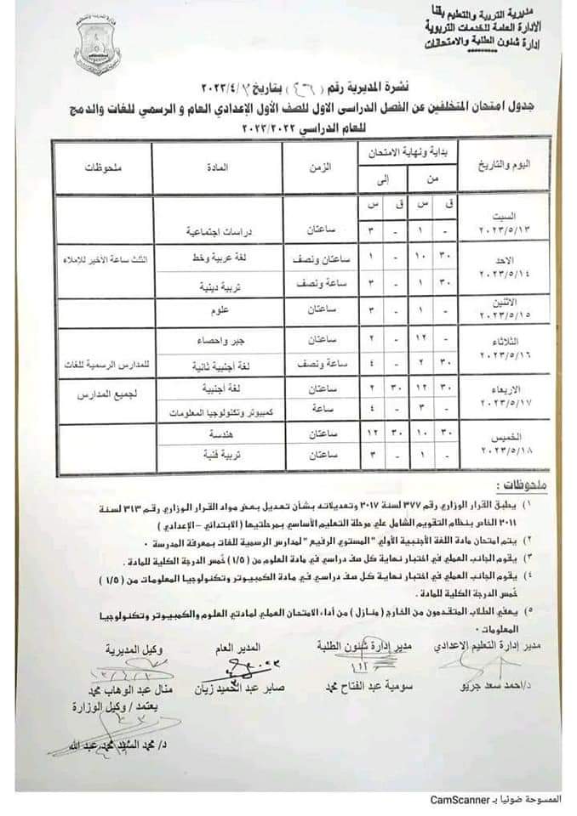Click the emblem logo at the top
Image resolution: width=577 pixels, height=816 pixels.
pyautogui.click(x=97, y=47)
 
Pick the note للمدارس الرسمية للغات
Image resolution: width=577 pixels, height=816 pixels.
pyautogui.click(x=100, y=363)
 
